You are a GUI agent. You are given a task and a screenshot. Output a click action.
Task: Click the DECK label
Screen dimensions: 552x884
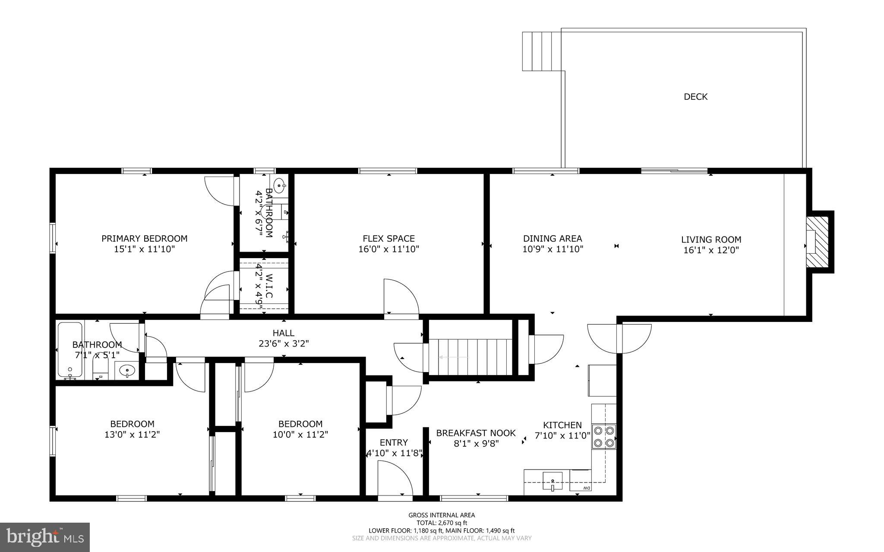(695, 97)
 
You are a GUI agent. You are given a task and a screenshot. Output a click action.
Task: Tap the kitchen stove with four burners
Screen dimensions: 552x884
(604, 436)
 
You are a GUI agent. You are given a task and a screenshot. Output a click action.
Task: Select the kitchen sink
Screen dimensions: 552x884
(552, 480)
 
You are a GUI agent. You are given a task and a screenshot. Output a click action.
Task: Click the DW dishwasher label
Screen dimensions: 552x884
(586, 488)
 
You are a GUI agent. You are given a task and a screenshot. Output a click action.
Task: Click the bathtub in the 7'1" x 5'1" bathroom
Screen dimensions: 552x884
(70, 350)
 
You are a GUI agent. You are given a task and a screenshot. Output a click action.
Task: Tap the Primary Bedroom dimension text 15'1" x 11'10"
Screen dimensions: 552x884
(145, 249)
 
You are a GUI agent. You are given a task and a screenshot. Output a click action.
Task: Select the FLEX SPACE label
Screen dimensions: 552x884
(388, 238)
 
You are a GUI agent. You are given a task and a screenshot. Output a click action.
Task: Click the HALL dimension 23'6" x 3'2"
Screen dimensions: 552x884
(284, 344)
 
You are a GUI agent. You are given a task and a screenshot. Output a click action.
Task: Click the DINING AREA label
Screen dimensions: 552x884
(552, 238)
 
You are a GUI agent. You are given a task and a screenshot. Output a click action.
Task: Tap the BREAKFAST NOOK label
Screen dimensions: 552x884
(476, 433)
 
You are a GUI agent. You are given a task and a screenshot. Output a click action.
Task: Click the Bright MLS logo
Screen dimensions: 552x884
(45, 537)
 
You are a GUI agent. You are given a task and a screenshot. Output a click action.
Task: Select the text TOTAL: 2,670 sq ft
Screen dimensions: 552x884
(442, 523)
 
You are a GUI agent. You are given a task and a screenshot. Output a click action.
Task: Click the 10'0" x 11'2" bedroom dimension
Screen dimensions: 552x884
(300, 434)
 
